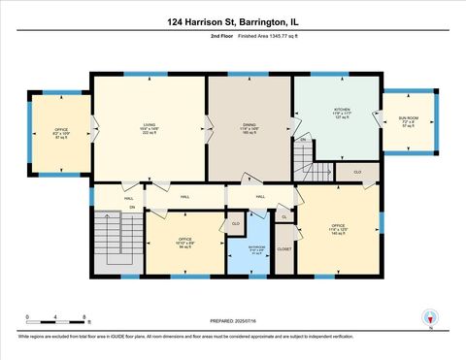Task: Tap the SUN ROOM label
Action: [x=407, y=120]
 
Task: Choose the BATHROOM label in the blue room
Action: [x=250, y=247]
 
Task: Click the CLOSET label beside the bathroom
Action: [x=283, y=249]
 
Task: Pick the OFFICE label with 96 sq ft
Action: [x=183, y=241]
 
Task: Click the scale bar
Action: [x=59, y=321]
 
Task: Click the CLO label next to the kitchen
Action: [x=357, y=172]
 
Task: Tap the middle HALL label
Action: [x=184, y=196]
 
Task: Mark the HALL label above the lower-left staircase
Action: [x=128, y=197]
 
